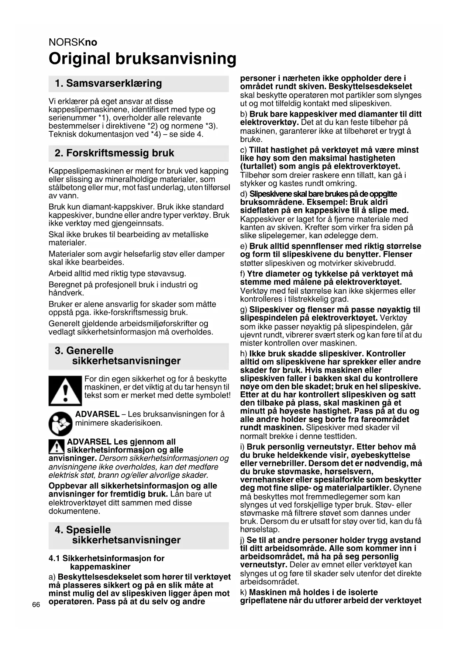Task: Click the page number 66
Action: [36, 605]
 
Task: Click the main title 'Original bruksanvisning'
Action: [142, 59]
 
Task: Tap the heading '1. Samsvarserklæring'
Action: [108, 83]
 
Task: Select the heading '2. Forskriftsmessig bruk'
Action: [114, 153]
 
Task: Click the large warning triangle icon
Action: [65, 391]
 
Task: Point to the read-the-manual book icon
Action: [61, 424]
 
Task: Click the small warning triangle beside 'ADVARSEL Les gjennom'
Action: [56, 447]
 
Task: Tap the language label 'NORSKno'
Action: [73, 42]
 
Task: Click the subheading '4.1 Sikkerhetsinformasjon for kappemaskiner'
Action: [107, 563]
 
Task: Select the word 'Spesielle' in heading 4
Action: [88, 530]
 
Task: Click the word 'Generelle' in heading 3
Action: [90, 351]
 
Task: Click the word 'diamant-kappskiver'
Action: [116, 207]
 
